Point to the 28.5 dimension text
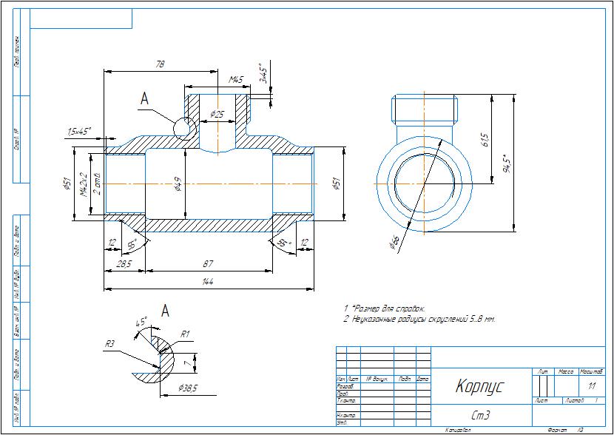click(x=124, y=264)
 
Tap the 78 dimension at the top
click(x=159, y=65)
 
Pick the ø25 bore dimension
click(x=217, y=114)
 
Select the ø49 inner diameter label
click(x=178, y=184)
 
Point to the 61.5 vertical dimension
click(x=485, y=139)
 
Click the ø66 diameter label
click(x=394, y=241)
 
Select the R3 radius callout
click(x=109, y=343)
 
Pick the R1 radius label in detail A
click(x=186, y=335)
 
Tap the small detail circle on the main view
click(x=182, y=128)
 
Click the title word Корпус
click(x=479, y=386)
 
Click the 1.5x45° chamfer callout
click(x=78, y=131)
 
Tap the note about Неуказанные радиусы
click(x=419, y=319)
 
